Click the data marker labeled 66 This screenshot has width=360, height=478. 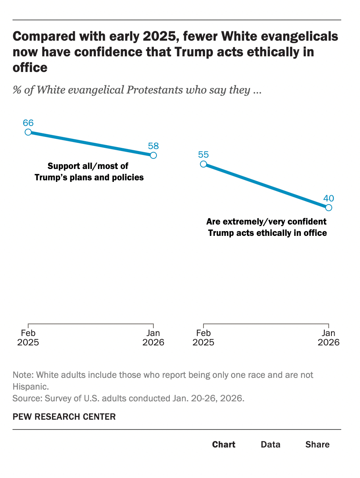pyautogui.click(x=28, y=132)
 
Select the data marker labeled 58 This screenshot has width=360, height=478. pyautogui.click(x=153, y=155)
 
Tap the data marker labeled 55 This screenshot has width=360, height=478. pyautogui.click(x=203, y=164)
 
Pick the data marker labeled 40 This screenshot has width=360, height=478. pyautogui.click(x=329, y=207)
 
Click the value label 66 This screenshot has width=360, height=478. pyautogui.click(x=28, y=123)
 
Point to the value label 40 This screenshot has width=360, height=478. pyautogui.click(x=329, y=198)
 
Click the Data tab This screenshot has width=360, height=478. pyautogui.click(x=270, y=444)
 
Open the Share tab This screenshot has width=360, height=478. pyautogui.click(x=317, y=444)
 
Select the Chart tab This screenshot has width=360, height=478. pyautogui.click(x=224, y=444)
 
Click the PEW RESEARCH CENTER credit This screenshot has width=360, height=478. pyautogui.click(x=64, y=417)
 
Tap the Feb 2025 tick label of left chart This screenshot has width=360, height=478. pyautogui.click(x=28, y=338)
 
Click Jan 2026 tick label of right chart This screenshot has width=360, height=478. pyautogui.click(x=329, y=338)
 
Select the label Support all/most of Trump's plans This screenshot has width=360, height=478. pyautogui.click(x=89, y=172)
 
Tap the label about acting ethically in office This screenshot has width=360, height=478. pyautogui.click(x=267, y=227)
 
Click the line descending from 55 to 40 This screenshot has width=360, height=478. pyautogui.click(x=266, y=186)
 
